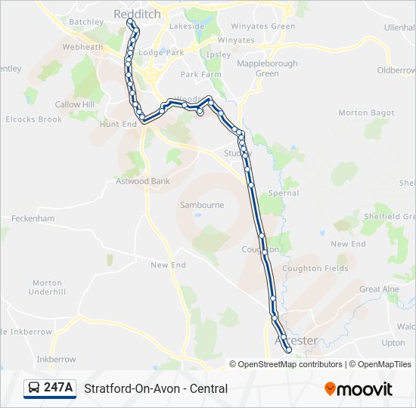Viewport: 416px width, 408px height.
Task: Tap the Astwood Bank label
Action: tap(143, 181)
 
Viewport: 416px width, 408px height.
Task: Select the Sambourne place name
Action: tap(202, 205)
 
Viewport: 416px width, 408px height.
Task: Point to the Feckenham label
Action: tap(33, 218)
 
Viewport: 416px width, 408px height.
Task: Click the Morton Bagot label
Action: tap(366, 113)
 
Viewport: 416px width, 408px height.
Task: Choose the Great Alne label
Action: tap(380, 289)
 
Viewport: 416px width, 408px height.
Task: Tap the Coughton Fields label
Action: tap(315, 268)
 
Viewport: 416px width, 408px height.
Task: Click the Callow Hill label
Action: tap(75, 104)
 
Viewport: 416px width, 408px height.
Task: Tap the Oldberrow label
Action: tap(397, 70)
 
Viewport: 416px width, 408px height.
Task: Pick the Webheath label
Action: tap(82, 47)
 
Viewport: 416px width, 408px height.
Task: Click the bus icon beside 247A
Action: tap(34, 388)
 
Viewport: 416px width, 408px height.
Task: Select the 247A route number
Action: tap(58, 388)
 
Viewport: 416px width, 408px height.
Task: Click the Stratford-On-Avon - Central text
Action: tap(156, 389)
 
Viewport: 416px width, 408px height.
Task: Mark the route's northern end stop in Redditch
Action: tap(130, 22)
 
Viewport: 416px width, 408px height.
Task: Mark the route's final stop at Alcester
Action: tap(288, 350)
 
